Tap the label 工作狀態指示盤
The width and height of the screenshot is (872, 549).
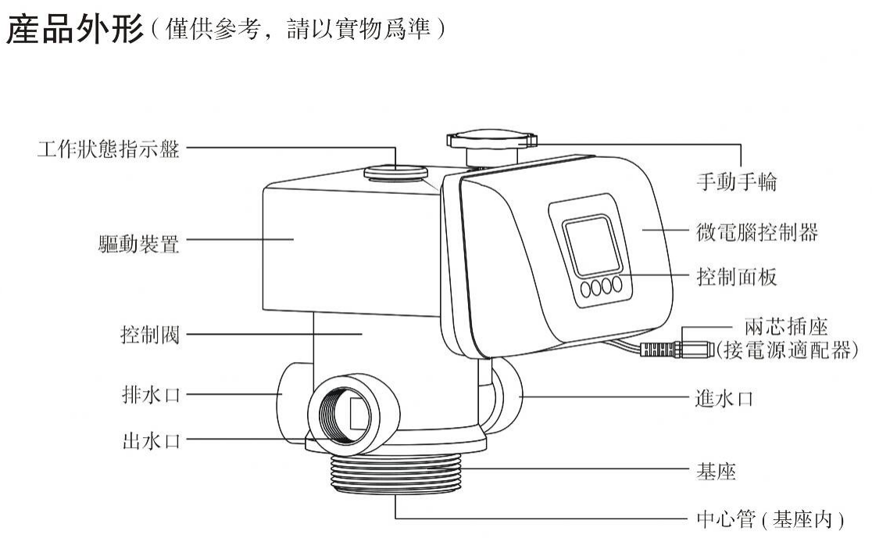[108, 149]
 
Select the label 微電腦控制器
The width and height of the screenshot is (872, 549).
[757, 231]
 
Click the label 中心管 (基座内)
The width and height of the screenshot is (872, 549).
[770, 518]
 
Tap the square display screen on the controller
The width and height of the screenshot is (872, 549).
[589, 246]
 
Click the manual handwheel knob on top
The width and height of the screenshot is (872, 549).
[491, 141]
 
